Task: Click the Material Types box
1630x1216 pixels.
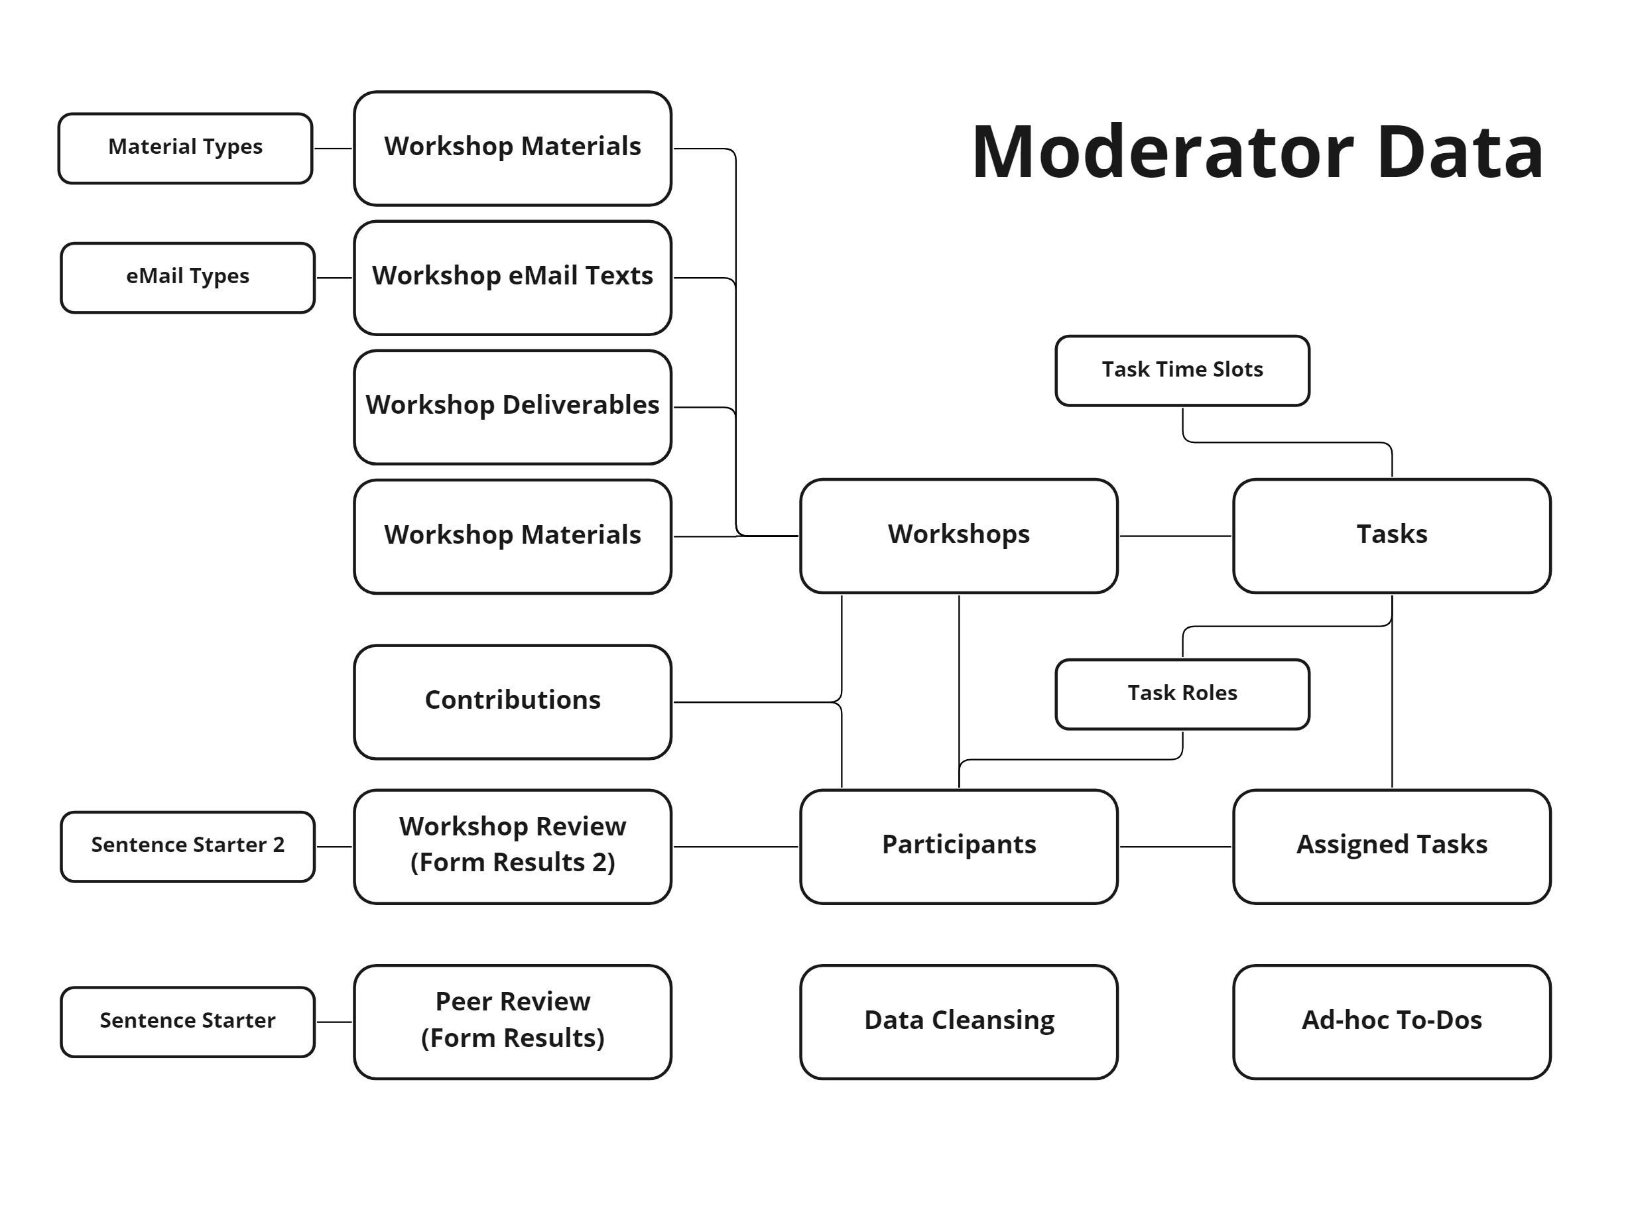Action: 185,148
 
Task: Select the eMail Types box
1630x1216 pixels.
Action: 187,278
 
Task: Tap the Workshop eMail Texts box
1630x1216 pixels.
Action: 512,278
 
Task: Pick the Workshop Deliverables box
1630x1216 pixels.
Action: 512,407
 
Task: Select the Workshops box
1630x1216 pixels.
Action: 958,535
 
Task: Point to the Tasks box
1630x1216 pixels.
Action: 1391,535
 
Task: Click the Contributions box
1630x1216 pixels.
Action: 512,701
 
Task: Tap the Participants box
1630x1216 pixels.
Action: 958,846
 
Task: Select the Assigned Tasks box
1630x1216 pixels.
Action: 1391,846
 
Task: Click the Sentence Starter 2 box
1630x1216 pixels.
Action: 187,846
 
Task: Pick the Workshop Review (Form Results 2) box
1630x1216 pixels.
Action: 512,846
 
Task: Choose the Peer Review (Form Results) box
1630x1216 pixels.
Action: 512,1021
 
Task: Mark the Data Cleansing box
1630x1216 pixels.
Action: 958,1021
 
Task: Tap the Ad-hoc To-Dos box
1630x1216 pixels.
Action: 1391,1021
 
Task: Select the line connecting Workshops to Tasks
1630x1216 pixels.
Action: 1174,535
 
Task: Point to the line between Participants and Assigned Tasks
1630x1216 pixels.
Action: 1174,846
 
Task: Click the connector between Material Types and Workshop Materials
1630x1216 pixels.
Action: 333,148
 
